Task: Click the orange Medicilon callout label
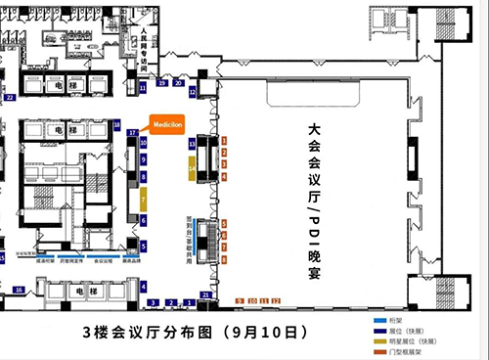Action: point(166,124)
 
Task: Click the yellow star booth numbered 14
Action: point(193,168)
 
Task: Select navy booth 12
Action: point(193,91)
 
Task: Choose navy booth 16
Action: point(20,290)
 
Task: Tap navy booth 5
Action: point(143,247)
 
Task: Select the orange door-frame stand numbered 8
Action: point(224,259)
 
